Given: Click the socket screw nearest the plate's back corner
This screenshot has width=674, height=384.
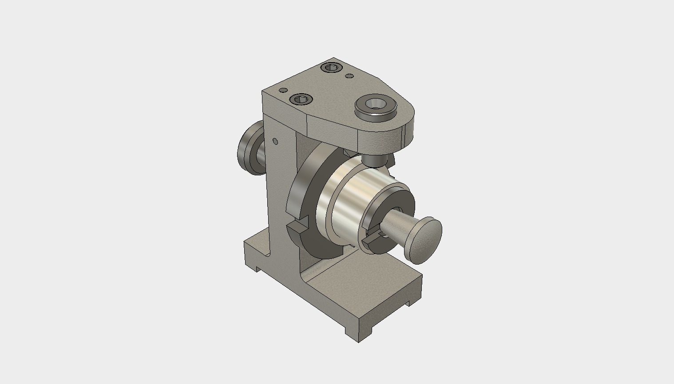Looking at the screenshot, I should click(x=331, y=68).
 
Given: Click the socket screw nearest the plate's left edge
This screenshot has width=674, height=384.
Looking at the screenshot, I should click(x=301, y=99).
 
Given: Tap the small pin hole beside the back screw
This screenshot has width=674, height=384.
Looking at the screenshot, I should click(x=349, y=76).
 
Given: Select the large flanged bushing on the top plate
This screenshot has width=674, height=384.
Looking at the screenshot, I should click(x=375, y=107).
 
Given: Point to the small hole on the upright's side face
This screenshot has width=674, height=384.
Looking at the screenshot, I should click(x=275, y=142).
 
